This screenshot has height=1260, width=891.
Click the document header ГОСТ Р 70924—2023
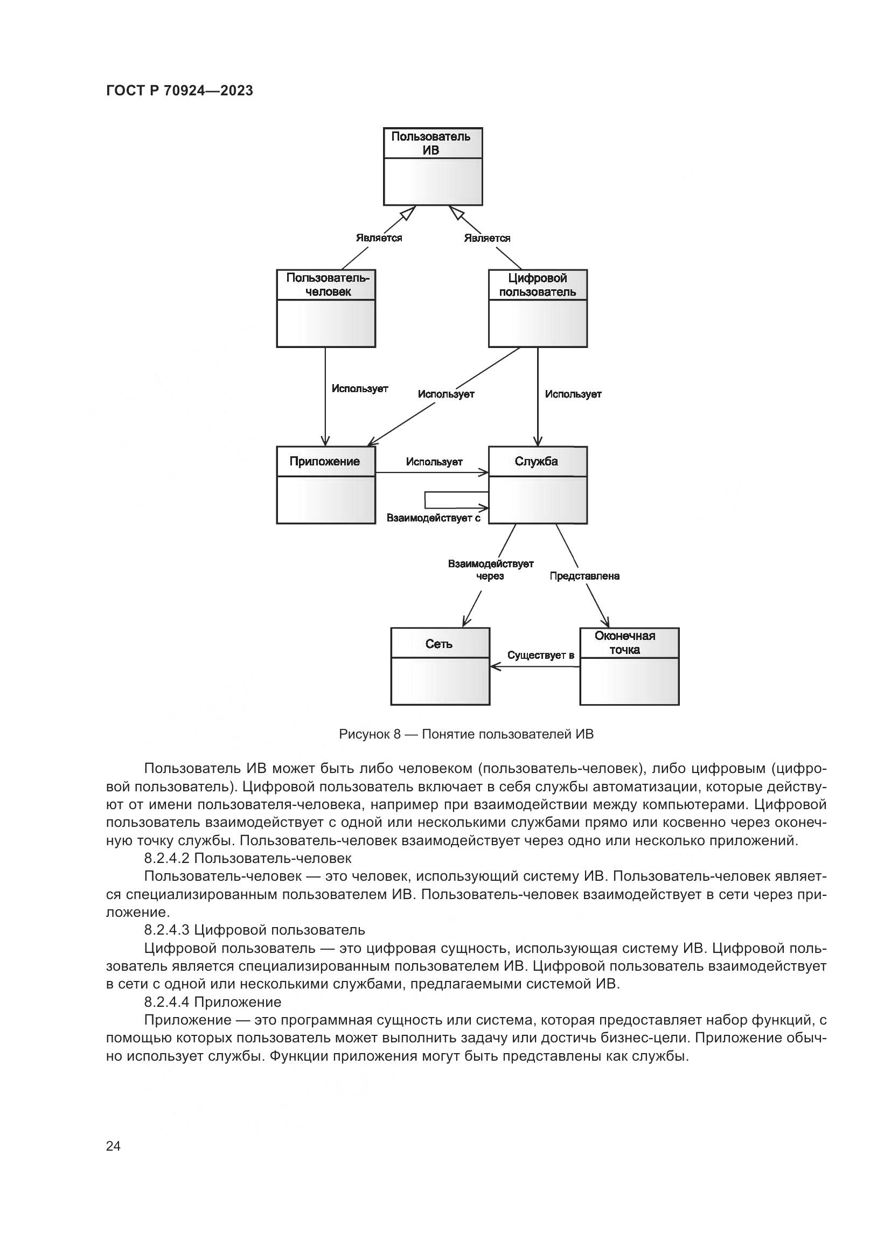pyautogui.click(x=179, y=91)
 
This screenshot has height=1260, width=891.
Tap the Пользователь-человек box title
pyautogui.click(x=328, y=285)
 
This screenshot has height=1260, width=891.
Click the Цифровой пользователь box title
pyautogui.click(x=537, y=285)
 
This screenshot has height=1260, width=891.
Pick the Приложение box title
pyautogui.click(x=325, y=461)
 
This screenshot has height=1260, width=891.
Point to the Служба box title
pyautogui.click(x=536, y=461)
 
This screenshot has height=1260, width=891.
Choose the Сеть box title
pyautogui.click(x=439, y=644)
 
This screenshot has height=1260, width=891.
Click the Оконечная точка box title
pyautogui.click(x=625, y=643)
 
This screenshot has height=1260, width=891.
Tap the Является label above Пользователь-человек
pyautogui.click(x=379, y=238)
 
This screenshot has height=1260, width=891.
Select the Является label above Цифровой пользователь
pyautogui.click(x=486, y=238)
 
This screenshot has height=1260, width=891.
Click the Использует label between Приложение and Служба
pyautogui.click(x=434, y=462)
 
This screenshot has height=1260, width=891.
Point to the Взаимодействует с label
pyautogui.click(x=434, y=518)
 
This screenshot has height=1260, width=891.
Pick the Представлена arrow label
pyautogui.click(x=584, y=576)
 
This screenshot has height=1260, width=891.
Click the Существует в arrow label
pyautogui.click(x=540, y=655)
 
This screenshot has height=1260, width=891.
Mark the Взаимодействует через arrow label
pyautogui.click(x=491, y=569)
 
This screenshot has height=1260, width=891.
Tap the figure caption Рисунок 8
pyautogui.click(x=466, y=734)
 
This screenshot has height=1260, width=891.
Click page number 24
pyautogui.click(x=113, y=1146)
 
